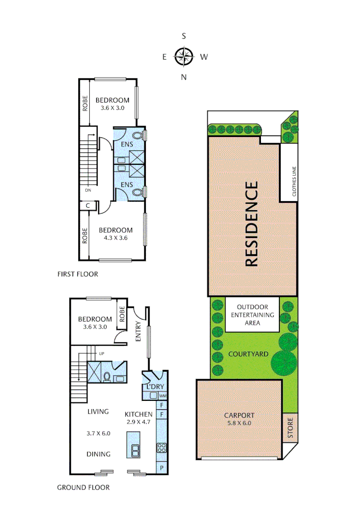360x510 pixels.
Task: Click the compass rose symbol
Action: pos(184,57)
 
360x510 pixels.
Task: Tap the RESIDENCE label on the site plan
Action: pos(251,224)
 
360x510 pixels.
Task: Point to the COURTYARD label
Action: pos(249,354)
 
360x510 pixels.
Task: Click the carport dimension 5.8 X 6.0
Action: pos(239,423)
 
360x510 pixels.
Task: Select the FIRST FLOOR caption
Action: pos(77,274)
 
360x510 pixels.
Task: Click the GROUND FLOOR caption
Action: pos(83,487)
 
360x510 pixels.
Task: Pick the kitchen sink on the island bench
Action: pos(134,450)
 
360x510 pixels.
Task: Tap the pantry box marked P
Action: pos(162,468)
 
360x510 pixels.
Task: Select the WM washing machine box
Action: pos(162,396)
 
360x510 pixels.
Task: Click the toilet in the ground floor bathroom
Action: pos(107,377)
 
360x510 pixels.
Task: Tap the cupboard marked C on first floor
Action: pos(88,205)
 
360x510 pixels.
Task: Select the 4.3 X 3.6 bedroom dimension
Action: pos(116,238)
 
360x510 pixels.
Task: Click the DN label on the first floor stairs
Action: pos(88,190)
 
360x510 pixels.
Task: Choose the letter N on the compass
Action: pos(184,77)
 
